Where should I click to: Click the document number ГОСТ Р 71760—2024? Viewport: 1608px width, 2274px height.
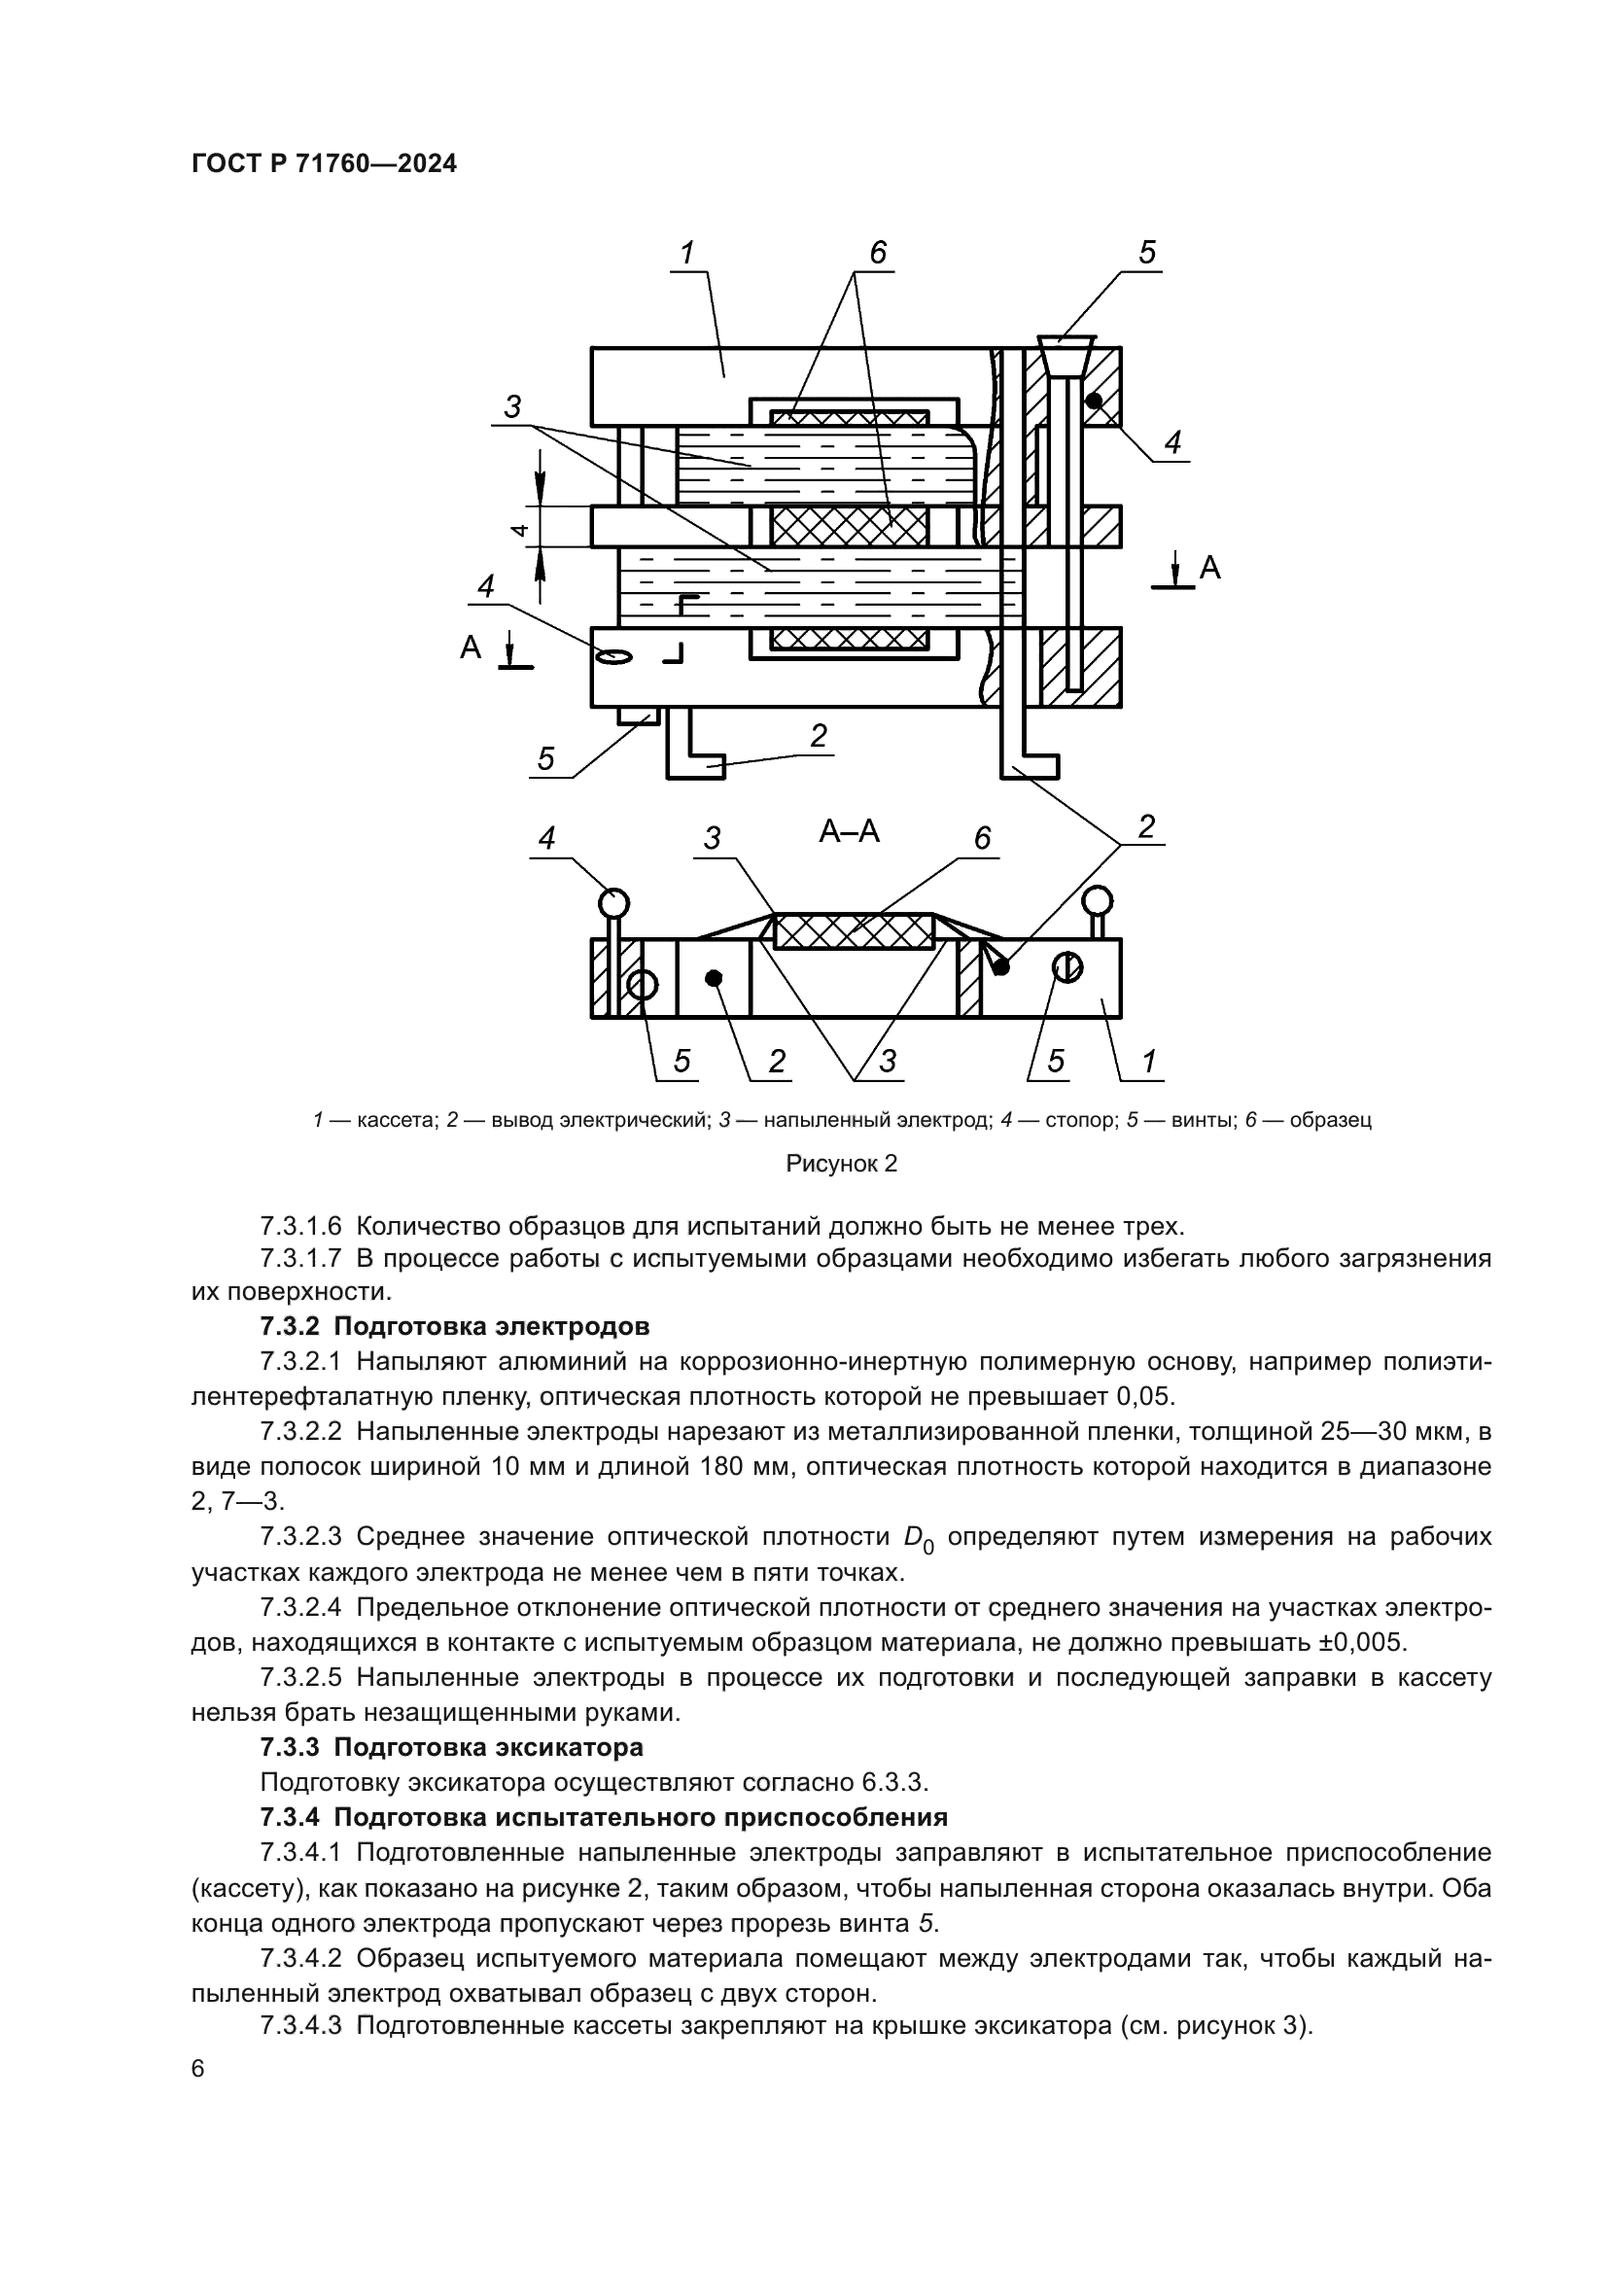[x=324, y=163]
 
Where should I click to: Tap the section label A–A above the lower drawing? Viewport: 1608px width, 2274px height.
[x=849, y=831]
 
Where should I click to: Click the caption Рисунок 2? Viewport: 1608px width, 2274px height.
[x=841, y=1163]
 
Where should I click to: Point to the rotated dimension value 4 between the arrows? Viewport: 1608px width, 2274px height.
[x=519, y=528]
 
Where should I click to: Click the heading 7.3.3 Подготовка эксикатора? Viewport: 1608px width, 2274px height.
[x=451, y=1746]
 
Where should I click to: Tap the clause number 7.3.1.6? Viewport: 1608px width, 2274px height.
[x=301, y=1226]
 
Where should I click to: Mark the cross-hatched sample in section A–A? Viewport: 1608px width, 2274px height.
[x=854, y=931]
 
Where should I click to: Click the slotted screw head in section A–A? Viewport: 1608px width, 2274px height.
[x=1067, y=966]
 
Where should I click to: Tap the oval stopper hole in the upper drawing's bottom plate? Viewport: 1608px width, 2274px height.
[x=613, y=655]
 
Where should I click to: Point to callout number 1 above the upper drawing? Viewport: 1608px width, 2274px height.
[x=687, y=254]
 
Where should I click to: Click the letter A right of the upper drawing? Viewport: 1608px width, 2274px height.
[x=1210, y=568]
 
